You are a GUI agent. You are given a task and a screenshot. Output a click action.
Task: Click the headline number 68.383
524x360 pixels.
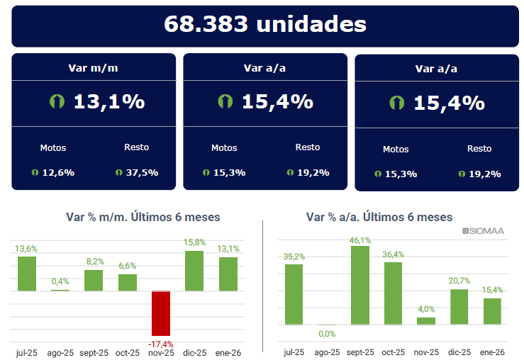tap(206, 24)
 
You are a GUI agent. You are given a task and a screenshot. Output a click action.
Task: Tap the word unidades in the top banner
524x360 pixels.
tap(311, 24)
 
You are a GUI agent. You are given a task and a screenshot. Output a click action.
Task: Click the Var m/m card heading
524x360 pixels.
tap(94, 69)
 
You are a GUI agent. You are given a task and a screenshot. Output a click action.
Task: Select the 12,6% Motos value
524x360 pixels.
tap(58, 172)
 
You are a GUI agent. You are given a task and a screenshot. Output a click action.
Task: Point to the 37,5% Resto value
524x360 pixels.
tap(142, 172)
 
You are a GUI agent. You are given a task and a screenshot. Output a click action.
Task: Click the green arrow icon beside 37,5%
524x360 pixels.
tap(118, 172)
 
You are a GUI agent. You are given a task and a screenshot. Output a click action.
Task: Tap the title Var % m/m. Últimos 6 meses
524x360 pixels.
tap(143, 217)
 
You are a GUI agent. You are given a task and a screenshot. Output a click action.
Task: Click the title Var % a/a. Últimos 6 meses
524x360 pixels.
tap(379, 217)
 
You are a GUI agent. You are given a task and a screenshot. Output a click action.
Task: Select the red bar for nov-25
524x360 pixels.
tap(161, 313)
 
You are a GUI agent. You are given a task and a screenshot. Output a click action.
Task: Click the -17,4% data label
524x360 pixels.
tap(161, 344)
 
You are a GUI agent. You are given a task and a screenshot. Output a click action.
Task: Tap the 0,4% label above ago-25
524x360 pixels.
tap(60, 281)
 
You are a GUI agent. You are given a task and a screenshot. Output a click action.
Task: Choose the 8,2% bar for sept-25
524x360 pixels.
tap(94, 280)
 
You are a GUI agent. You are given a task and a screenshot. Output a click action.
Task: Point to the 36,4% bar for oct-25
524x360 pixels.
tap(394, 293)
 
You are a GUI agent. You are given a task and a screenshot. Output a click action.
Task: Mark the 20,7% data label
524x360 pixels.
tap(459, 281)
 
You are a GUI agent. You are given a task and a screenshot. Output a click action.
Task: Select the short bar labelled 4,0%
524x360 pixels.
tap(426, 320)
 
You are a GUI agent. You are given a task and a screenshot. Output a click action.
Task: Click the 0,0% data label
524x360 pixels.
tap(327, 334)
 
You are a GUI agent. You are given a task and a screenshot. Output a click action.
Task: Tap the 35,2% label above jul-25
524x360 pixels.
tap(294, 257)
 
